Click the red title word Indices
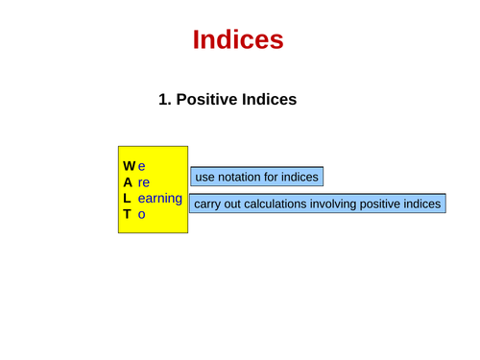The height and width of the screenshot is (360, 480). tap(238, 39)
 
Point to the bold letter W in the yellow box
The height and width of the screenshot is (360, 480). tap(129, 164)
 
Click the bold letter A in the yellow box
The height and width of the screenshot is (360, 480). tap(128, 180)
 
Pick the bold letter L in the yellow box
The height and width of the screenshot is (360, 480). tap(127, 198)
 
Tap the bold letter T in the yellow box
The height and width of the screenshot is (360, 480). tap(127, 214)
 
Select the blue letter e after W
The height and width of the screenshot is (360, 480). tap(141, 164)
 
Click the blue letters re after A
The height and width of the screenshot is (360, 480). tap(144, 181)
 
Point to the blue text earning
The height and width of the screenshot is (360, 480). tap(159, 198)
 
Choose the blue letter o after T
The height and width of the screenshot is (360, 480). tap(141, 215)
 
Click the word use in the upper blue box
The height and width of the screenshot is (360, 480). tap(205, 177)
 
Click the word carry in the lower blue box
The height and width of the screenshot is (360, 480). tap(210, 204)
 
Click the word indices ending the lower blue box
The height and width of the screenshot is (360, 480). tap(423, 204)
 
